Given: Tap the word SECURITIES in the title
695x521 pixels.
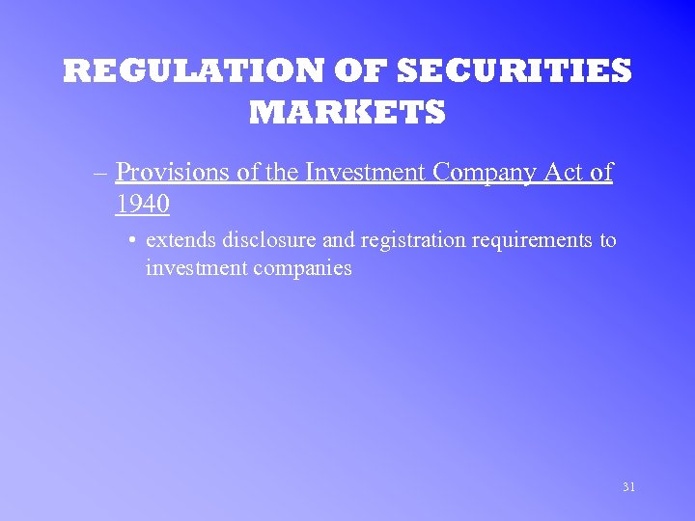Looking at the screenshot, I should coord(514,71).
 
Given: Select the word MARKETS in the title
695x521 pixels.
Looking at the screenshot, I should coord(347,113).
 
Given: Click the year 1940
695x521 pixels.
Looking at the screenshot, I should coord(142,205).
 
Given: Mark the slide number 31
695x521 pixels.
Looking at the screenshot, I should coord(628,487).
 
